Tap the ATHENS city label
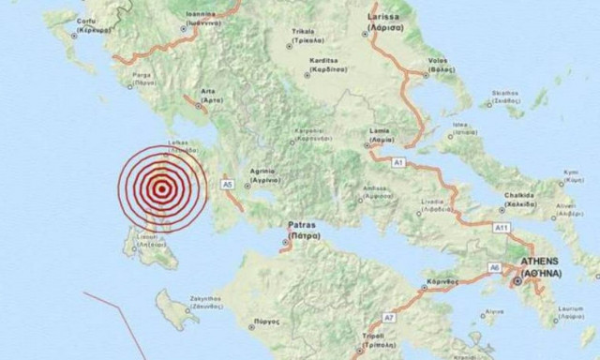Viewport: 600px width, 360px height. [532, 263]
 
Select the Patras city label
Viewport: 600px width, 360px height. [300, 227]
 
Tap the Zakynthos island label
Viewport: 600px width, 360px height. [203, 299]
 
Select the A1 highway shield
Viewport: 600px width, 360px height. [397, 162]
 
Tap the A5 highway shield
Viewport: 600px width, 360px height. [226, 184]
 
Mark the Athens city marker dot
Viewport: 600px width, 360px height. [516, 279]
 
